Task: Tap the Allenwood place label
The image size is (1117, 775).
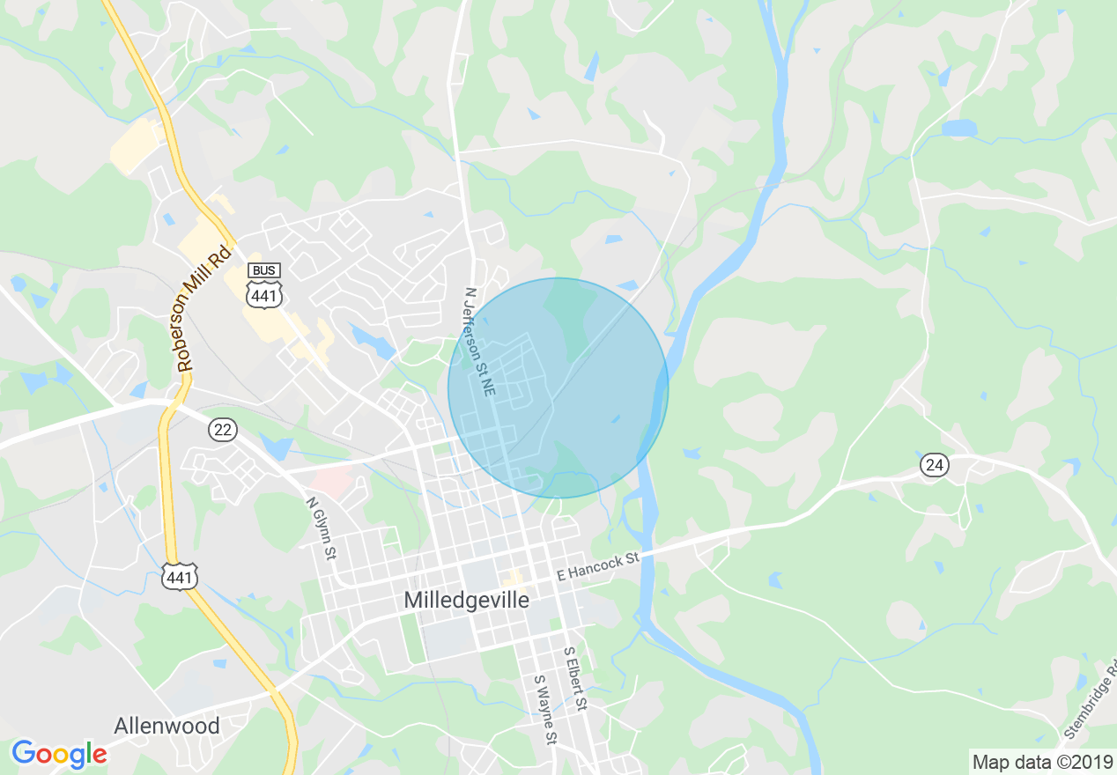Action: [166, 726]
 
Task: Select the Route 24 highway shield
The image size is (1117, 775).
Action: [934, 464]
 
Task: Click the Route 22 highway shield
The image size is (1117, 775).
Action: [223, 429]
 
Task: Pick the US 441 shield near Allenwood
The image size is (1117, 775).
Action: [179, 577]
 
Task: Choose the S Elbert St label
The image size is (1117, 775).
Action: [575, 679]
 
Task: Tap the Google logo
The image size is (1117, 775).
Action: [59, 754]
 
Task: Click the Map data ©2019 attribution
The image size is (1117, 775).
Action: [1042, 762]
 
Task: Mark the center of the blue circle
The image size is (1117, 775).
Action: [558, 388]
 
